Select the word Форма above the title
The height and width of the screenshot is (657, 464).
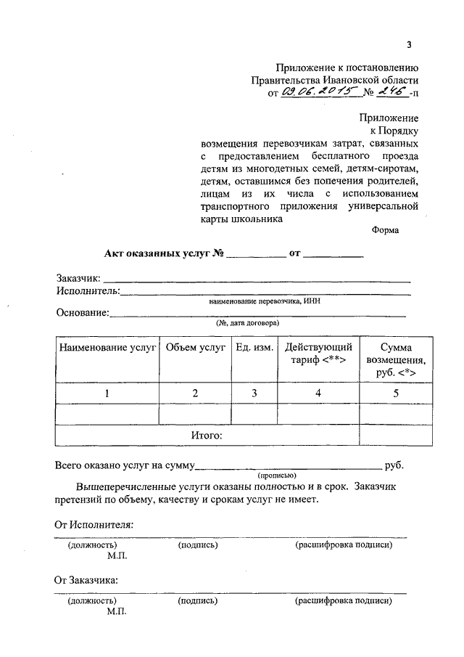(x=385, y=230)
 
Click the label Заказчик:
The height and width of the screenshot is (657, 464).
(x=79, y=278)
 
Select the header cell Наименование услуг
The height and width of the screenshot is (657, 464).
(x=108, y=348)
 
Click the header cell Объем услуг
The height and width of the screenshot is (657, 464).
(x=196, y=348)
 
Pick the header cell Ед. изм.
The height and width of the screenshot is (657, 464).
(x=254, y=348)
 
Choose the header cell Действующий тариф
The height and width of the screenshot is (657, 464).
(x=318, y=354)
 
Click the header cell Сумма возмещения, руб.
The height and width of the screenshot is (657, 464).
(x=395, y=360)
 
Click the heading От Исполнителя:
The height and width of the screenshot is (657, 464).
(x=94, y=524)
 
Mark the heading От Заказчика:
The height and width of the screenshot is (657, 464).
(x=88, y=580)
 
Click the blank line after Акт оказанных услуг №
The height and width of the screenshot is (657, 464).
(x=256, y=255)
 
